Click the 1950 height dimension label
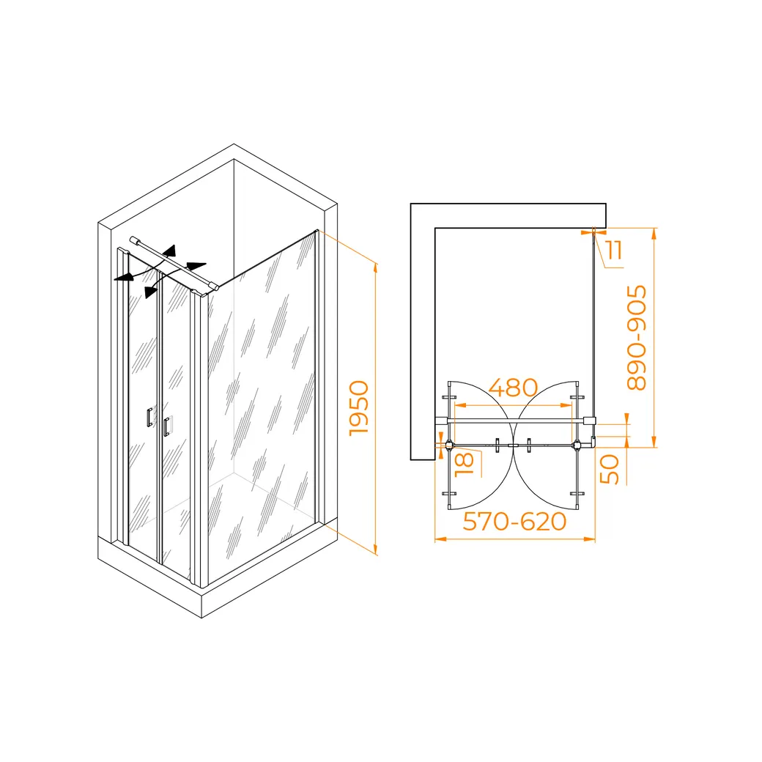[x=358, y=409]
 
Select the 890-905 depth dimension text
[x=637, y=338]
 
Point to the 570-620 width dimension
[x=514, y=521]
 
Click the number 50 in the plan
[x=610, y=469]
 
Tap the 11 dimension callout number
[x=614, y=250]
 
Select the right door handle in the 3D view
[x=167, y=426]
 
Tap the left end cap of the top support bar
[x=132, y=239]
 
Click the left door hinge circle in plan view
[x=449, y=444]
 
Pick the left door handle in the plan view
[x=498, y=444]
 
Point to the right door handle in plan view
[x=529, y=444]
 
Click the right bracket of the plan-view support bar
[x=590, y=421]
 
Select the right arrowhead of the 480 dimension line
[x=572, y=404]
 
